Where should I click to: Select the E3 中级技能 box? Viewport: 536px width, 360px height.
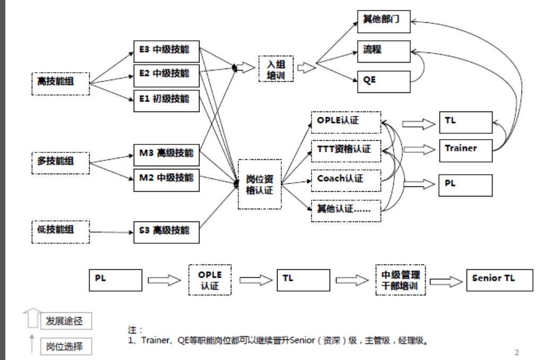pos(166,52)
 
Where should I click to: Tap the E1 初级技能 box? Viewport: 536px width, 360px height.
pos(166,100)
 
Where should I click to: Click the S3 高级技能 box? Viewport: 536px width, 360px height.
pos(166,232)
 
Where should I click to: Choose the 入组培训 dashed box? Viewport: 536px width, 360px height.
pos(276,68)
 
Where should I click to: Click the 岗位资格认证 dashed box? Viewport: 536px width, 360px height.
pos(260,184)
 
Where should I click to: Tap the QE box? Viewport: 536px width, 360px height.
pos(384,80)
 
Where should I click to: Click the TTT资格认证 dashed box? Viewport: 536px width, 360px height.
pos(345,150)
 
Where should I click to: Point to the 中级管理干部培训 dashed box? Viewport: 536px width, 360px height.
pos(401,280)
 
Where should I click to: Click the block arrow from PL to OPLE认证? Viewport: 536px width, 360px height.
pos(165,280)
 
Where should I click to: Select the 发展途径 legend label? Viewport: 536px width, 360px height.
pos(65,321)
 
